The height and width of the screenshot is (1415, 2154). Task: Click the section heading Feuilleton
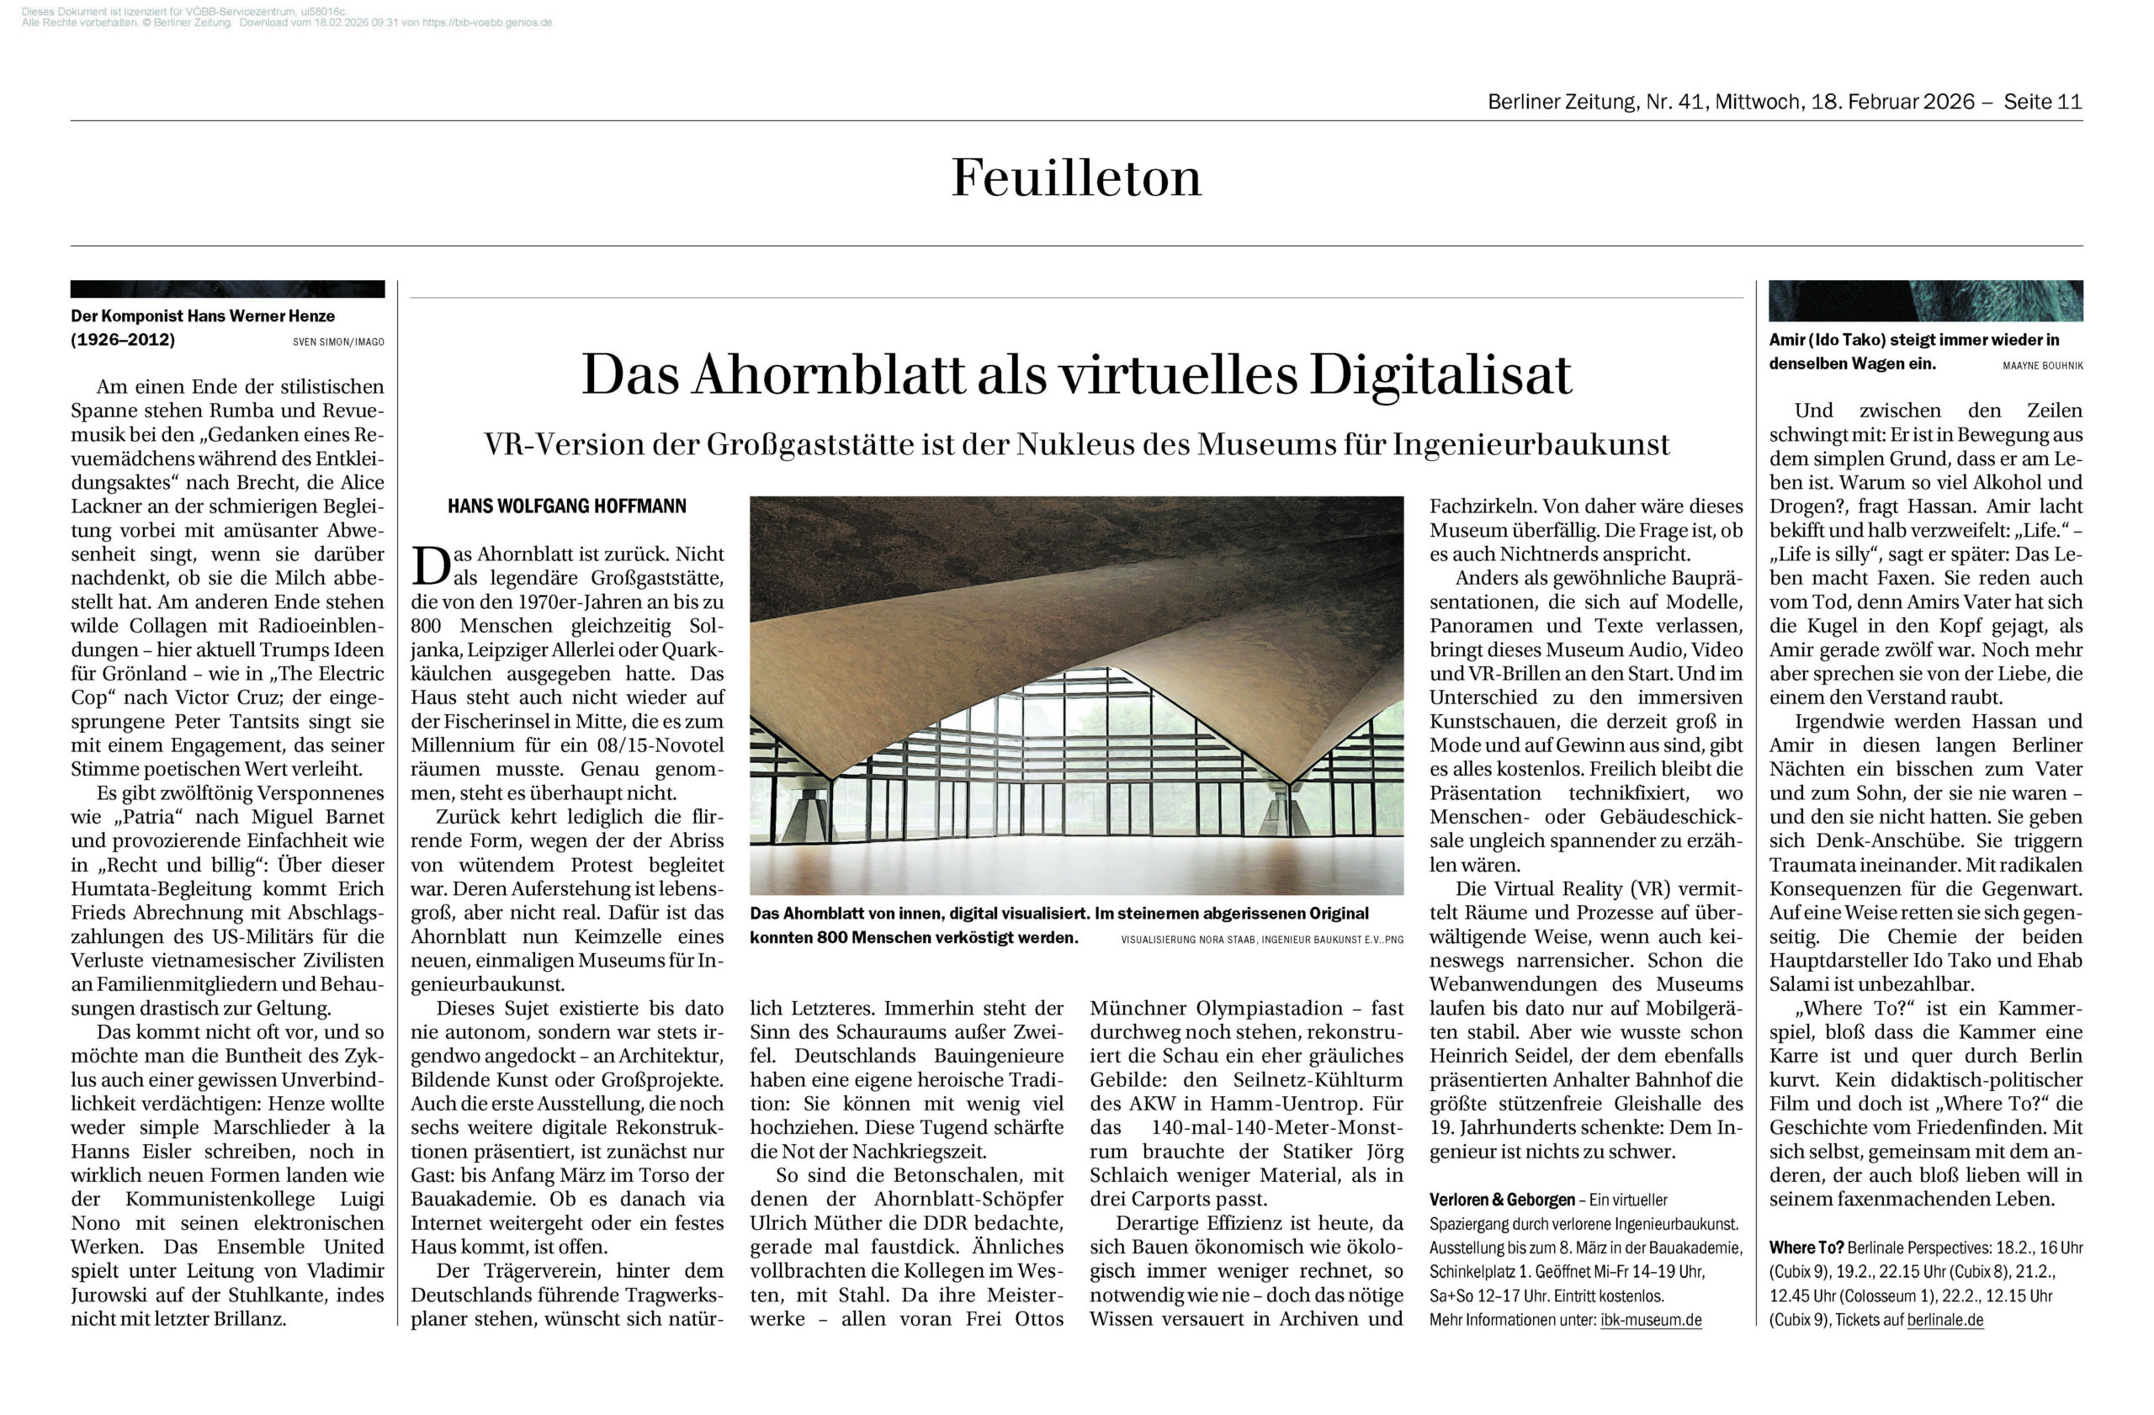click(1076, 178)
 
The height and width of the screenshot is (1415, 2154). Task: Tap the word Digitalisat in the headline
click(1440, 374)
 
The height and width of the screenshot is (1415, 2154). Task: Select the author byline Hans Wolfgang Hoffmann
click(566, 506)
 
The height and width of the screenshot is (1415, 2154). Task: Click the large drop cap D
click(430, 566)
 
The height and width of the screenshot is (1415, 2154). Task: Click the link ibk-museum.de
click(1651, 1320)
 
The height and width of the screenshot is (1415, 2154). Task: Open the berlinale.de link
click(1945, 1320)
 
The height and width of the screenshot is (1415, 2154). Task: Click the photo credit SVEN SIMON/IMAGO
click(338, 342)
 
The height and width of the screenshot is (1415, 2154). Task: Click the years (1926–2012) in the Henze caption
click(123, 340)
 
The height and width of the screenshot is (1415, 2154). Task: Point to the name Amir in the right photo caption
click(1788, 340)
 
